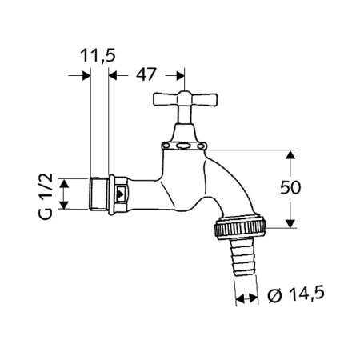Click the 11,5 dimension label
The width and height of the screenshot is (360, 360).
tap(98, 56)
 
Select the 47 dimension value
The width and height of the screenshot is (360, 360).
tap(146, 74)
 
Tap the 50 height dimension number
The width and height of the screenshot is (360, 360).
tap(290, 187)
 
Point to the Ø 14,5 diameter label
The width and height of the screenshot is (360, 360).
tap(296, 294)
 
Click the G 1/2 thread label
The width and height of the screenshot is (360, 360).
tap(46, 196)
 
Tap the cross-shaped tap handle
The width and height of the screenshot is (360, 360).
tap(185, 98)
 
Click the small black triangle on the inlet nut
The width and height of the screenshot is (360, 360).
tap(121, 194)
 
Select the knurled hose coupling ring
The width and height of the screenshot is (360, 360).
tap(240, 227)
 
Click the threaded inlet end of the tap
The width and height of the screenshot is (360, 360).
tap(98, 194)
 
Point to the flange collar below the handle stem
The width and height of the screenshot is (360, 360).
tap(184, 146)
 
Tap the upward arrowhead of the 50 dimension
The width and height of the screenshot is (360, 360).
tap(290, 154)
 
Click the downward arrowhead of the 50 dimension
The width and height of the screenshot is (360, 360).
tap(290, 223)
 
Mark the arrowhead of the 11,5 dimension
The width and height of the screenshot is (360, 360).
tap(86, 75)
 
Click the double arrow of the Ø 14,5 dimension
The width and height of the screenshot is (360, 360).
tap(247, 298)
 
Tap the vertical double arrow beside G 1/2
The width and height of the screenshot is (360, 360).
tap(63, 194)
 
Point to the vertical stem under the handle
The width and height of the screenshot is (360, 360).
tap(185, 114)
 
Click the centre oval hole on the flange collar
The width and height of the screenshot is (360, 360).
tap(184, 146)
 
